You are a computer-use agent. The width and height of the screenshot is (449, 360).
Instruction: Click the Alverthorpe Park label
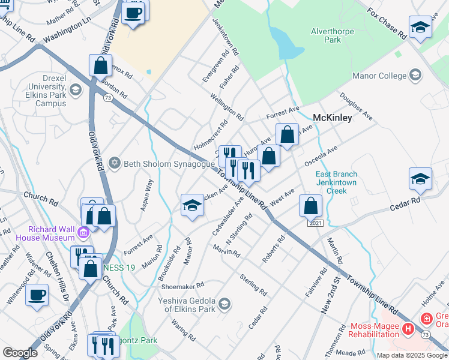tap(325, 35)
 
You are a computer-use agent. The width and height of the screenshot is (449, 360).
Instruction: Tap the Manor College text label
tap(380, 76)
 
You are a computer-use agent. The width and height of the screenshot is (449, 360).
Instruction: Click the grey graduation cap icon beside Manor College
tap(415, 75)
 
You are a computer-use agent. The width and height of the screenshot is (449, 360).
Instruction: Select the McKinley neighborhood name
tap(332, 118)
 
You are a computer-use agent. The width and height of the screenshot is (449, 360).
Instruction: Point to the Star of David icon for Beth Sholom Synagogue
tap(113, 163)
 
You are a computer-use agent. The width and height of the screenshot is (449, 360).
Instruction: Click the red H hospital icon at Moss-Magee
tap(408, 328)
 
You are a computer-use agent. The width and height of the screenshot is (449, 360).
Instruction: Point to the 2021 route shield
tap(316, 223)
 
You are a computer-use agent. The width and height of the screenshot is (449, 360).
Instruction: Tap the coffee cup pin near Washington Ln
tap(133, 12)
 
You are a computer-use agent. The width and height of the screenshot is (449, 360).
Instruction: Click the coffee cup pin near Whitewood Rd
tap(37, 295)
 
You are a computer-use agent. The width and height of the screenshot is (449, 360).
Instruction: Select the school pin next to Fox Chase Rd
tap(420, 27)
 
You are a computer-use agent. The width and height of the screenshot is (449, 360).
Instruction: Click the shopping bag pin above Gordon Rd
tap(100, 65)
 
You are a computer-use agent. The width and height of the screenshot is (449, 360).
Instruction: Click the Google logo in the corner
tap(20, 353)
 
